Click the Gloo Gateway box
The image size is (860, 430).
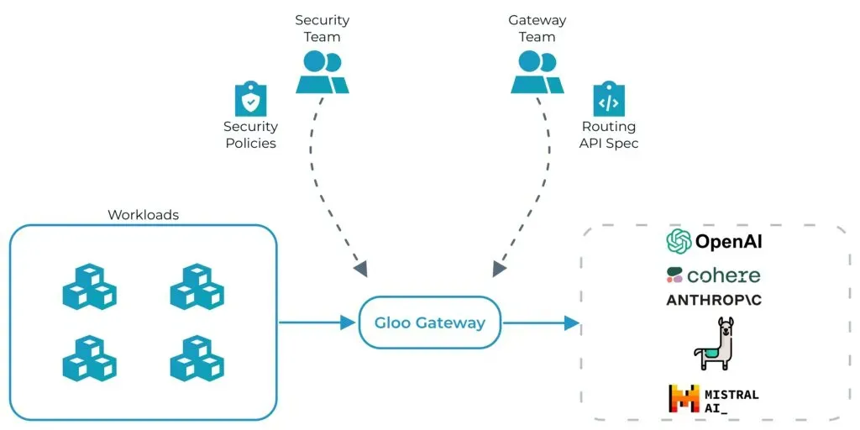(x=429, y=322)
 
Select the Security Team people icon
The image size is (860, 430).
(x=322, y=72)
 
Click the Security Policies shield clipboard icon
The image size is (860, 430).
(x=250, y=100)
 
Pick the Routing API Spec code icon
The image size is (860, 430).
(x=609, y=100)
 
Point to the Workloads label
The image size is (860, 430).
(x=143, y=215)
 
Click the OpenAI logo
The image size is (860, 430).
(x=714, y=242)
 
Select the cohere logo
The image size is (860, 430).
(x=714, y=275)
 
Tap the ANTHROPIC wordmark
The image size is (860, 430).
(x=714, y=300)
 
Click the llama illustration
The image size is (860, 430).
(x=715, y=344)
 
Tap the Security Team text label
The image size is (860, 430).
(x=322, y=28)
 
